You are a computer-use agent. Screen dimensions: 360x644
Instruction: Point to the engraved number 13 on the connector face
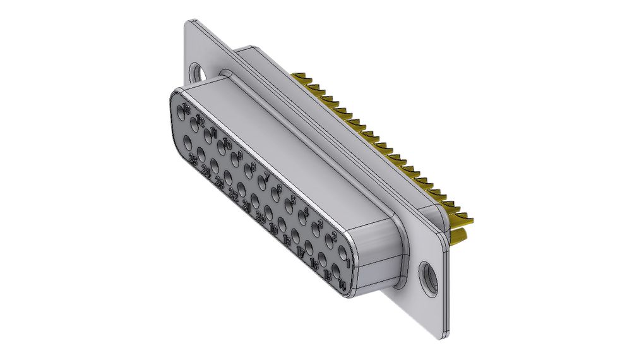(x=186, y=109)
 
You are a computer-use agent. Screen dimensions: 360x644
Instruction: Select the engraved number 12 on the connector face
(x=200, y=120)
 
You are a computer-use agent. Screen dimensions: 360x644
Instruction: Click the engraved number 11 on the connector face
(x=214, y=132)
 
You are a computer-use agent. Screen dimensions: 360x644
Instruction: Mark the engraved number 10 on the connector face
(x=227, y=143)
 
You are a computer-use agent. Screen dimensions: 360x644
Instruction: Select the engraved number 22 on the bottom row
(x=234, y=195)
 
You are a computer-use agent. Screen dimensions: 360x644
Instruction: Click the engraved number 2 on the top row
(x=334, y=237)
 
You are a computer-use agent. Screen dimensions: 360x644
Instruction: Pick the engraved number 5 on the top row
(x=293, y=200)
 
